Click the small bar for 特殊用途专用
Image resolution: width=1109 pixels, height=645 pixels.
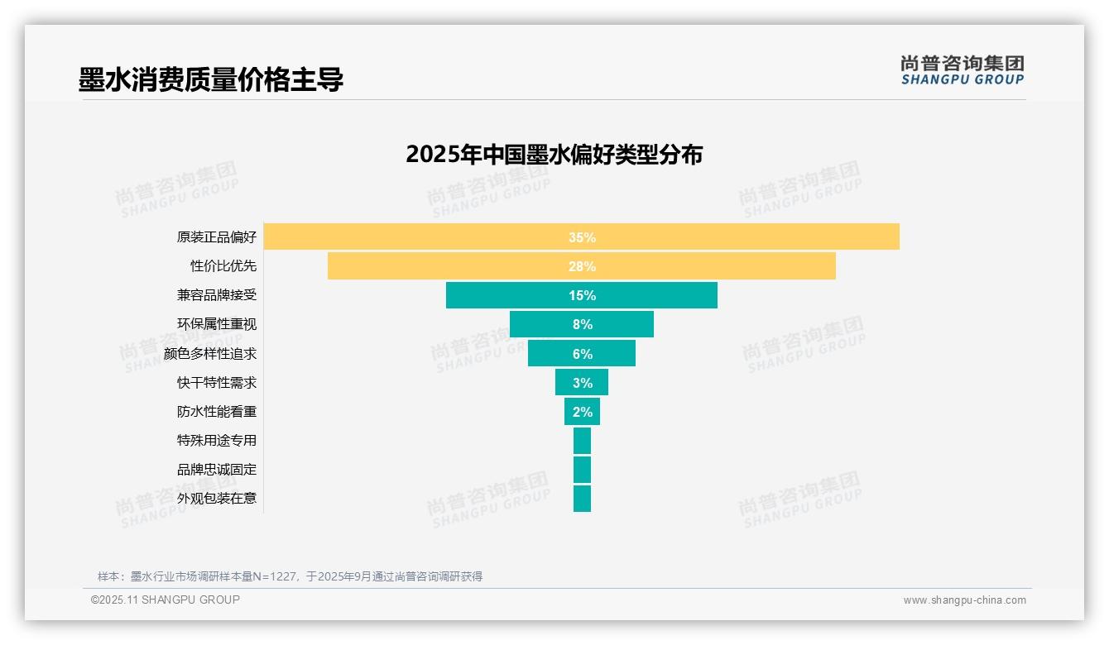582,440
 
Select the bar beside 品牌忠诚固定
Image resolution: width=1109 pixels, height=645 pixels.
582,469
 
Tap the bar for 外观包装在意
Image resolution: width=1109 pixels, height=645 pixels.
582,498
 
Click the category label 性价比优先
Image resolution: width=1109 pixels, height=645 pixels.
223,266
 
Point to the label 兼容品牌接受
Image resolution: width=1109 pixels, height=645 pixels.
217,295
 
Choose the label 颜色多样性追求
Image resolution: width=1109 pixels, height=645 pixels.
210,353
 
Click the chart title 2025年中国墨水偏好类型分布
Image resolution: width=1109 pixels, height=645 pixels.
554,155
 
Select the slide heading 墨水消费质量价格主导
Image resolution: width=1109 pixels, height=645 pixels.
211,80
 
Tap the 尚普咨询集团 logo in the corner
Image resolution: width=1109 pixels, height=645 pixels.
962,69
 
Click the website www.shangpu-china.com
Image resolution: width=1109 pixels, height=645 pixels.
964,600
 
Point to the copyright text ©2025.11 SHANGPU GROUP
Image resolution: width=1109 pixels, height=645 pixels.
166,600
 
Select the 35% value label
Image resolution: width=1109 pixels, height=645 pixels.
582,237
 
